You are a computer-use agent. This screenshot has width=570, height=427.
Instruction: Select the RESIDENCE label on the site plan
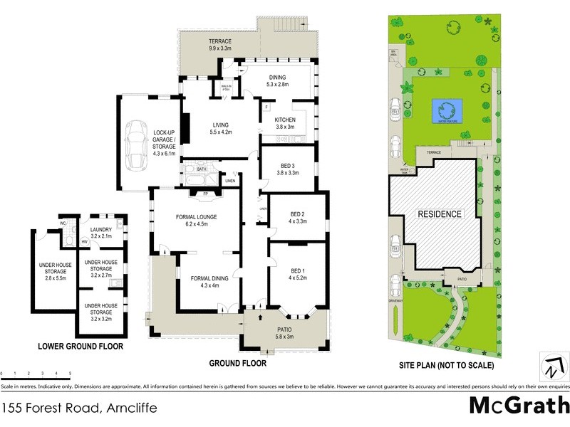pyautogui.click(x=440, y=213)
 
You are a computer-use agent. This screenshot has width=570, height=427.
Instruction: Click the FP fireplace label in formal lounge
pyautogui.click(x=197, y=193)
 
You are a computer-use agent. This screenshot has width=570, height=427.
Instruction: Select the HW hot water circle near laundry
pyautogui.click(x=85, y=242)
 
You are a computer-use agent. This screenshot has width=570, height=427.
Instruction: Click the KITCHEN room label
pyautogui.click(x=285, y=120)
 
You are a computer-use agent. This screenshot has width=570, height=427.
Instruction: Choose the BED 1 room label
pyautogui.click(x=298, y=271)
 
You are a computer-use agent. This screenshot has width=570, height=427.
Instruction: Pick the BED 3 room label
pyautogui.click(x=289, y=166)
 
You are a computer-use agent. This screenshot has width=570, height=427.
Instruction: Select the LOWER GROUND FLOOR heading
pyautogui.click(x=81, y=347)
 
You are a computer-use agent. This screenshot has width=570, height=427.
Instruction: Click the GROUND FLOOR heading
pyautogui.click(x=237, y=363)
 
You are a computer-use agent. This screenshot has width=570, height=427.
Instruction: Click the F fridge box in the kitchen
pyautogui.click(x=266, y=107)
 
